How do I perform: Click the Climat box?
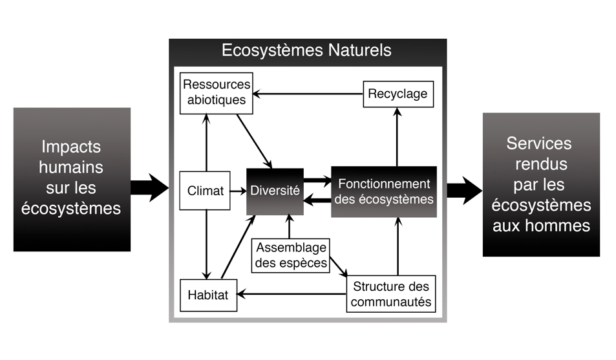tap(205, 191)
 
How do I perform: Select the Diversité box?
tap(275, 191)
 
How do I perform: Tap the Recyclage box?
tap(397, 94)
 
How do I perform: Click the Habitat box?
tap(207, 294)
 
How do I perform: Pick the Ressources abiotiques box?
tap(215, 92)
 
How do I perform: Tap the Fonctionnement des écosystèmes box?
tap(384, 192)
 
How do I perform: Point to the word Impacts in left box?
tap(71, 146)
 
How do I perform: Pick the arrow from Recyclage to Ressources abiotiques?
tap(307, 94)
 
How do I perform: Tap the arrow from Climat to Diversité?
tap(238, 191)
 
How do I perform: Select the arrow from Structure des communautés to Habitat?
tap(291, 295)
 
